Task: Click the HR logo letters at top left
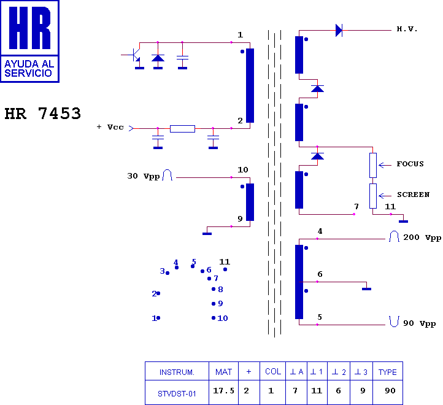tap(29, 28)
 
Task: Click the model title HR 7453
tap(43, 114)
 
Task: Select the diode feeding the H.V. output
tap(339, 30)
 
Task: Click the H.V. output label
tap(407, 29)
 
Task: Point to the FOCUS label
tap(410, 164)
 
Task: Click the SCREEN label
tap(413, 195)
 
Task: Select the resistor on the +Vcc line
tap(182, 129)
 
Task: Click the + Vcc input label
tap(110, 127)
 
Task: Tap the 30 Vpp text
tap(143, 176)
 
